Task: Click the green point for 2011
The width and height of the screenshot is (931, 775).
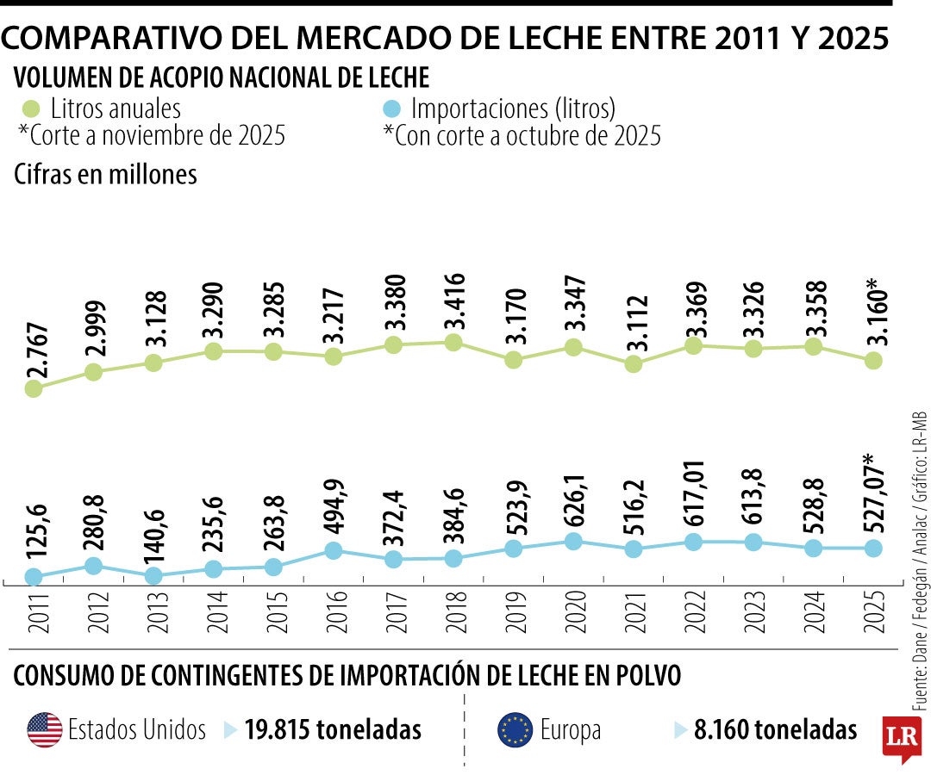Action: point(34,388)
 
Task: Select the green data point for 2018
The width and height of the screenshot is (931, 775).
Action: point(453,343)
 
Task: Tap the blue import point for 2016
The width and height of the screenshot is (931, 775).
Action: point(334,550)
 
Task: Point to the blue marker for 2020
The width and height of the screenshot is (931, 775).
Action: point(573,541)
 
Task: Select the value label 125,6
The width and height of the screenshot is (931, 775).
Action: point(34,534)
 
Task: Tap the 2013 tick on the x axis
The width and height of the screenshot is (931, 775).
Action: point(153,614)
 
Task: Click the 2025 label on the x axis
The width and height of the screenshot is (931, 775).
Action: point(873,614)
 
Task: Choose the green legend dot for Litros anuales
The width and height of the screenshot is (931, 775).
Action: point(30,109)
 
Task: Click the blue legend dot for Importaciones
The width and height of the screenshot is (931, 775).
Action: point(391,109)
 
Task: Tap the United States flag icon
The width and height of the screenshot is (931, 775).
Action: point(44,730)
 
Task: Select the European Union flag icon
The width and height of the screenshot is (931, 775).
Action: point(515,730)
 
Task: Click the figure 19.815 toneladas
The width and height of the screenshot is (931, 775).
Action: point(333,730)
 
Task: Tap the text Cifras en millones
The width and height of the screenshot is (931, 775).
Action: point(106,174)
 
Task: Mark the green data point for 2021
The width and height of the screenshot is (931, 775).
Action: point(634,363)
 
